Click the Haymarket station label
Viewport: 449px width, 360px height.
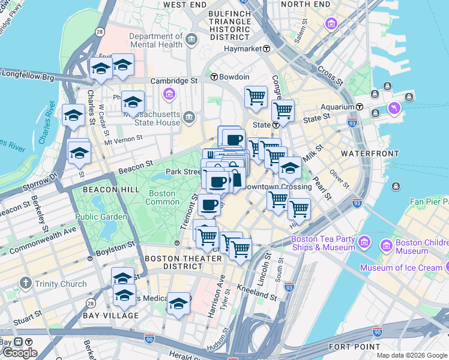coord(243,49)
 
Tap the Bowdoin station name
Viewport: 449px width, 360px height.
coord(234,77)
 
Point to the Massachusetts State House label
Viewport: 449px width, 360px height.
coord(151,118)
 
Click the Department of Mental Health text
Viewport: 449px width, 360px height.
coord(155,40)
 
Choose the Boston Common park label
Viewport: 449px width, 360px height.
coord(161,198)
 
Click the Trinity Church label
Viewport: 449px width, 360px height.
coord(61,284)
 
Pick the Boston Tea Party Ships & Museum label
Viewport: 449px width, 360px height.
coord(323,243)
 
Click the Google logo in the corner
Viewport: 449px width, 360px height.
coord(20,353)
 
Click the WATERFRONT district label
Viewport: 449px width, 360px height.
coord(369,154)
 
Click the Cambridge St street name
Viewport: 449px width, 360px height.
coord(173,80)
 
